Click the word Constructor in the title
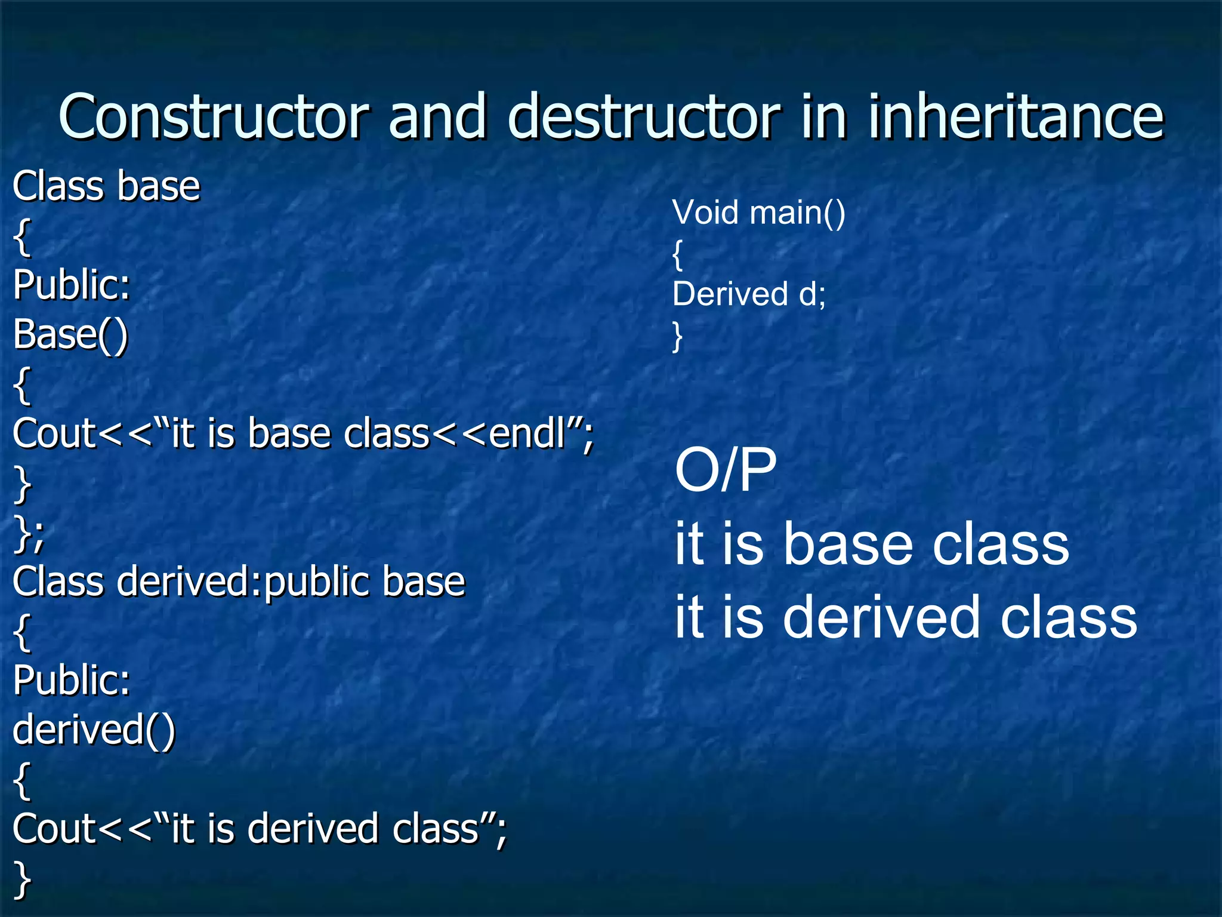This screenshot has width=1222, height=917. pos(214,117)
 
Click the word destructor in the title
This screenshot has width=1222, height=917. pos(643,117)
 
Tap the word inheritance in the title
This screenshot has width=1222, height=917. pos(1014,117)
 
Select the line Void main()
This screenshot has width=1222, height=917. pos(758,213)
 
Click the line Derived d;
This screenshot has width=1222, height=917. pos(749,294)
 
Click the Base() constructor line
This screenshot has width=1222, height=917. pos(70,334)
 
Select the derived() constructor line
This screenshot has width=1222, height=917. pos(94,730)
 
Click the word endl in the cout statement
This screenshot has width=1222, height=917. pos(526,433)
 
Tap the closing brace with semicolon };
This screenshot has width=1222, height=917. pos(28,533)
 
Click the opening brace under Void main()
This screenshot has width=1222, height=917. pos(677,255)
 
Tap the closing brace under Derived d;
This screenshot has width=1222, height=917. pos(677,336)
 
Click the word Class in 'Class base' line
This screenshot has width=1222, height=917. pos(58,186)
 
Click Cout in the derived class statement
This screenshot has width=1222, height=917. pos(54,829)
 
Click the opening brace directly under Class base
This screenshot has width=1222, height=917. pos(22,237)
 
